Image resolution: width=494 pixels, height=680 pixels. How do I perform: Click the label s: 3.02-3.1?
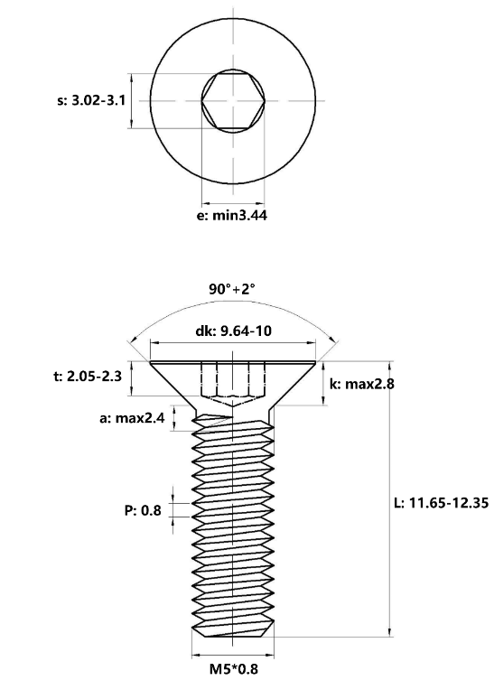(x=91, y=100)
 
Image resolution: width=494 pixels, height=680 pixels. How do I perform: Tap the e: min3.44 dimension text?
(x=232, y=215)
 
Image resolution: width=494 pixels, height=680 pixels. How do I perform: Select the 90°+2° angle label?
(x=232, y=289)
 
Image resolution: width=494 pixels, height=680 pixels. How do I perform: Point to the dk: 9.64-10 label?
(x=233, y=331)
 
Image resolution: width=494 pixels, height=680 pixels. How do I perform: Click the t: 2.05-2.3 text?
(x=88, y=377)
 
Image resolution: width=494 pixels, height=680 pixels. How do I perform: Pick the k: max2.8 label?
(x=362, y=384)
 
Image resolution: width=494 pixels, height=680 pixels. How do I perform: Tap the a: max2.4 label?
(x=132, y=418)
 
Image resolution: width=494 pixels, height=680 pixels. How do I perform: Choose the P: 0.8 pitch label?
(x=143, y=510)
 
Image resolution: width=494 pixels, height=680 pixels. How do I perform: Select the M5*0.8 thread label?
(x=233, y=669)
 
